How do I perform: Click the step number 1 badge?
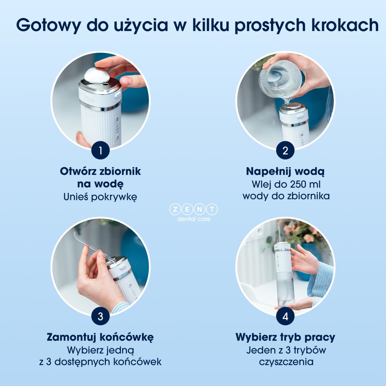[x=100, y=151]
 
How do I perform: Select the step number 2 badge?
[x=285, y=151]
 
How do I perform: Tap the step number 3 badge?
[x=100, y=316]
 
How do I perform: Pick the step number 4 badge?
[x=285, y=316]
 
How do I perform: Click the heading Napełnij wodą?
[x=285, y=172]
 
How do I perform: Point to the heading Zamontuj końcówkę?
[x=100, y=337]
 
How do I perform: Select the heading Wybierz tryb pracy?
[x=285, y=337]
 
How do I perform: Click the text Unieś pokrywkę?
[x=100, y=197]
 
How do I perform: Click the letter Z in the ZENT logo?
[x=175, y=210]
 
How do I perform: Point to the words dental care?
[x=194, y=219]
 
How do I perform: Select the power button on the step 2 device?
[x=302, y=134]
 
